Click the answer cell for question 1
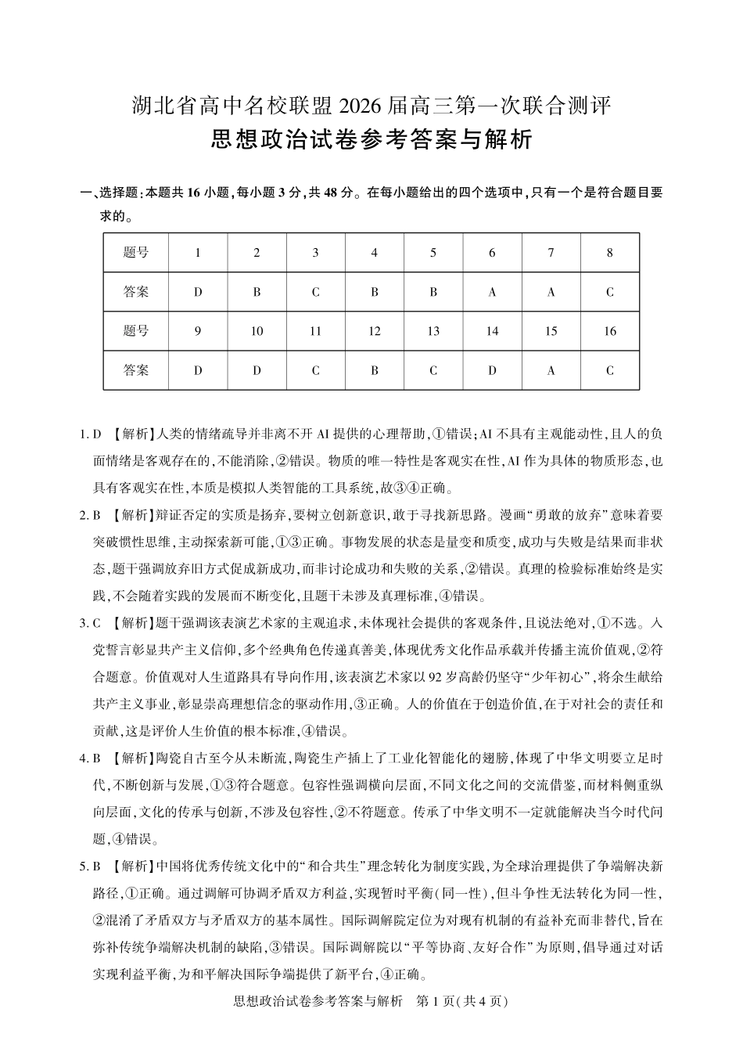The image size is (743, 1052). pos(198,292)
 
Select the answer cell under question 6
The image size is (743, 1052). pos(492,292)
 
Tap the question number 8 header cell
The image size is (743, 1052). pos(610,253)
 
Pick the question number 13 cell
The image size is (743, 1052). pos(433,331)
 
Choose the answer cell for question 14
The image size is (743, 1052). pos(492,370)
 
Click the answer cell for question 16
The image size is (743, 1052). pos(610,370)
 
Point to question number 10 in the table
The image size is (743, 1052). pos(257,331)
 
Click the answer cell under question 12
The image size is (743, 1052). pos(375,370)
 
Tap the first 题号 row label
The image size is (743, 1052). pos(136,253)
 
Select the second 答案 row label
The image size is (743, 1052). pos(136,370)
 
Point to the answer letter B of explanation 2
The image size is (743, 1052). pos(98,516)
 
